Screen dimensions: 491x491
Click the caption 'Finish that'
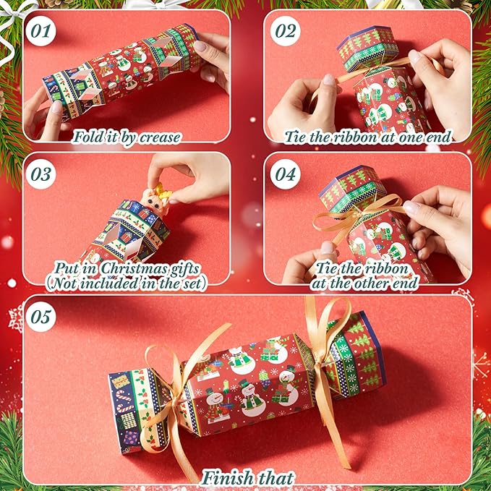(x=248, y=477)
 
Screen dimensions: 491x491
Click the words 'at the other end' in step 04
(x=364, y=283)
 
